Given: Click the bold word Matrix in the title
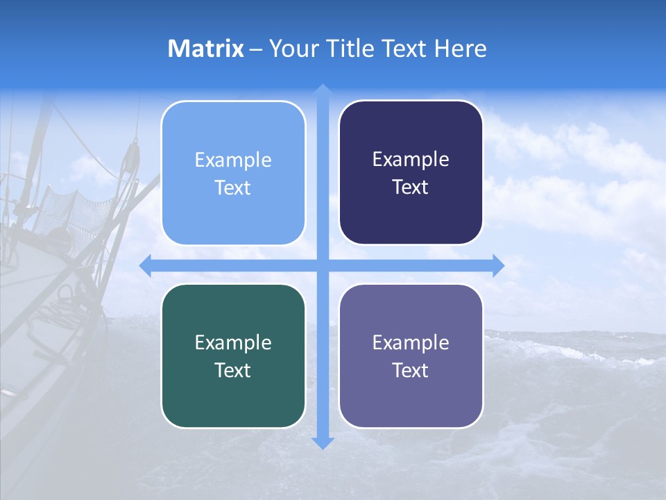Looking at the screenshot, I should pyautogui.click(x=206, y=49).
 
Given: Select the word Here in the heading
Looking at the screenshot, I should pyautogui.click(x=461, y=49).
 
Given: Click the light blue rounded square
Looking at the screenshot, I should pyautogui.click(x=233, y=173).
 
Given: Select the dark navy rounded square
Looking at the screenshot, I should pyautogui.click(x=411, y=172).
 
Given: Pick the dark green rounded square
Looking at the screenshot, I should pyautogui.click(x=233, y=356).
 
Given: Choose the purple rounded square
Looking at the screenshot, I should pyautogui.click(x=411, y=356).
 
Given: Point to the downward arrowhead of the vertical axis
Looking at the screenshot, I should pyautogui.click(x=322, y=442).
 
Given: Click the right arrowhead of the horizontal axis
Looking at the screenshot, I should pyautogui.click(x=498, y=265).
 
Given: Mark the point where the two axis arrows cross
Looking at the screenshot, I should pyautogui.click(x=322, y=265).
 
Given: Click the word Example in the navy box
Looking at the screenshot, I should pyautogui.click(x=411, y=159).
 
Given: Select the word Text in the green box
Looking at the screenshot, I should pyautogui.click(x=233, y=370).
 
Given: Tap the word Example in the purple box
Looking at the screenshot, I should pyautogui.click(x=411, y=342).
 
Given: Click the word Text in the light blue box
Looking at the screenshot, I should pyautogui.click(x=233, y=187).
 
